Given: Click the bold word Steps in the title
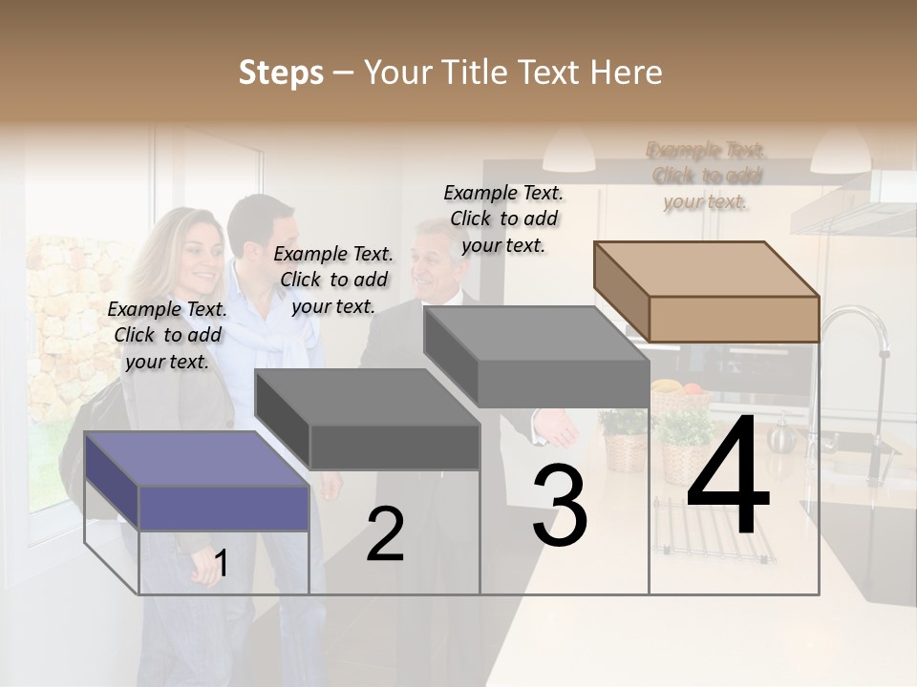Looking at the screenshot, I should [x=281, y=73].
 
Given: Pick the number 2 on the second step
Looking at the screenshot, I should [x=385, y=535].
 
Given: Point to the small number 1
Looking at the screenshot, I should [x=222, y=564].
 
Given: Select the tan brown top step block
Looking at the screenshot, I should [x=707, y=291].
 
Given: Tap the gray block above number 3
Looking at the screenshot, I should [x=537, y=357].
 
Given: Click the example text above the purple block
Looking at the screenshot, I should [x=167, y=335].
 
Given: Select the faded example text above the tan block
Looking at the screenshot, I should [x=706, y=176].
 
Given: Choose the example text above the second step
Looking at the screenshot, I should [x=333, y=280].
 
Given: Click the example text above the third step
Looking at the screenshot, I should [x=503, y=219].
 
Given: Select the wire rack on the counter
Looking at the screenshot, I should [x=712, y=539].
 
